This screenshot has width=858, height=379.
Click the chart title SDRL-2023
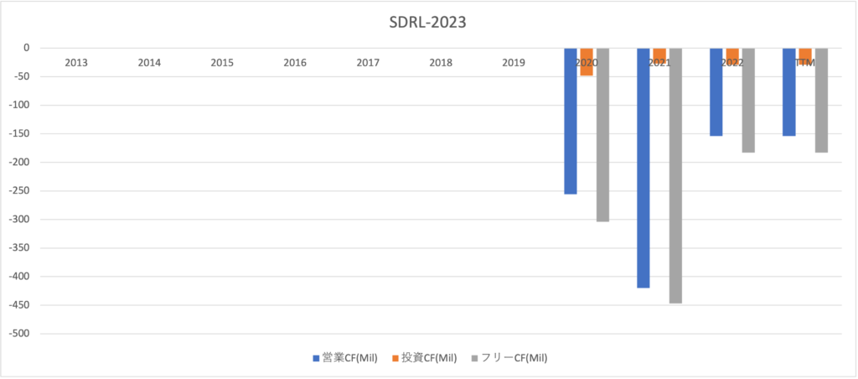428,22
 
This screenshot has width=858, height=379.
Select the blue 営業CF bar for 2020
571,121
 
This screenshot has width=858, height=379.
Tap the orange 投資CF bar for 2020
587,61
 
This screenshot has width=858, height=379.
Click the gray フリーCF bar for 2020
602,134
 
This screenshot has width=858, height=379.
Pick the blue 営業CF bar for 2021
643,168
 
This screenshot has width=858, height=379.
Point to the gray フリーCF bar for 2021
675,175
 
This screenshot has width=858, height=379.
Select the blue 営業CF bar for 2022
716,91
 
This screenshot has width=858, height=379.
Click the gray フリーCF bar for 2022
748,100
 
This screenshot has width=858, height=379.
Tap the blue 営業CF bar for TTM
789,91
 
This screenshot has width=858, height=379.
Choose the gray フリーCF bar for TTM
821,100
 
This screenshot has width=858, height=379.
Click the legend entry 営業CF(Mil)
344,358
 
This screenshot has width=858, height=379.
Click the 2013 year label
76,63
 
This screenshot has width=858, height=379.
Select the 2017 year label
368,63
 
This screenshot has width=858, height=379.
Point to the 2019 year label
514,63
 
